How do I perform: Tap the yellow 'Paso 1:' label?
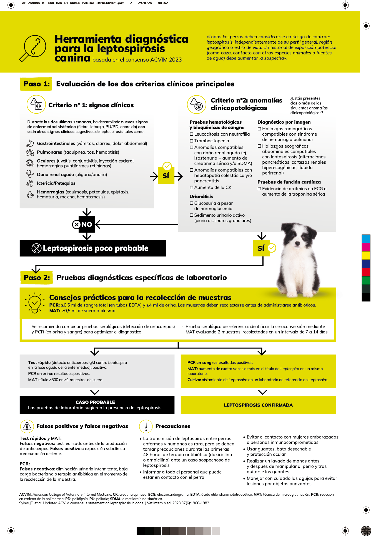[x=36, y=84]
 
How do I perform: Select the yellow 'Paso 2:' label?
[x=37, y=278]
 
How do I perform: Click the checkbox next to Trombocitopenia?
[x=191, y=141]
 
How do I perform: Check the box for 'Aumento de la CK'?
[x=191, y=188]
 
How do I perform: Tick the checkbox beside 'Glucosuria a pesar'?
[x=191, y=203]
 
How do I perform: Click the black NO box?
[x=87, y=224]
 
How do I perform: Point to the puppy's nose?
[x=297, y=243]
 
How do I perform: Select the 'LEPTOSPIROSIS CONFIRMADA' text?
[x=258, y=405]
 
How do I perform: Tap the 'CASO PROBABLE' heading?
[x=95, y=402]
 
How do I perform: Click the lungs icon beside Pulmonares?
[x=30, y=153]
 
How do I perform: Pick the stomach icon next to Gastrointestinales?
[x=30, y=143]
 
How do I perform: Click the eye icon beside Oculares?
[x=30, y=163]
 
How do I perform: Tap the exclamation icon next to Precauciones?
[x=146, y=426]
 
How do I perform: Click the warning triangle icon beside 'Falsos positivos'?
[x=27, y=426]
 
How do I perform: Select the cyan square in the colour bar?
[x=366, y=239]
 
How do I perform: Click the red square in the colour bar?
[x=366, y=272]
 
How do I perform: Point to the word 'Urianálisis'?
[x=201, y=196]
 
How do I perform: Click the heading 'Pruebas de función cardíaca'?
[x=289, y=182]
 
